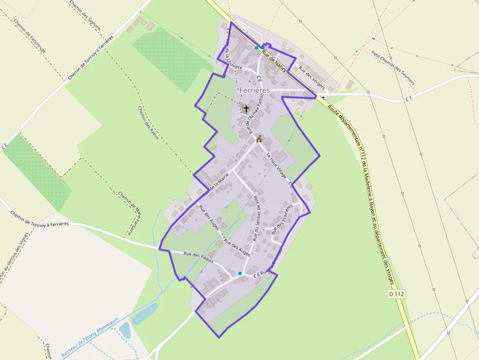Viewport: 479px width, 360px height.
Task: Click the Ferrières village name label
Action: [254, 90]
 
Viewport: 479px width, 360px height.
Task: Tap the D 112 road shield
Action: [397, 294]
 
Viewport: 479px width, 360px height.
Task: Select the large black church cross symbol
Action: [246, 108]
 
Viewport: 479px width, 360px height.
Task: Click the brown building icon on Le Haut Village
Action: [259, 139]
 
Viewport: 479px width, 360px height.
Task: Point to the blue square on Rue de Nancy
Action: [257, 48]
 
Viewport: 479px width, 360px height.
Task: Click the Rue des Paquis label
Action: [199, 257]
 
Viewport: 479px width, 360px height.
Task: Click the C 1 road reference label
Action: [409, 99]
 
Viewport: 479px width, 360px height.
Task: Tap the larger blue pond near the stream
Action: [145, 313]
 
